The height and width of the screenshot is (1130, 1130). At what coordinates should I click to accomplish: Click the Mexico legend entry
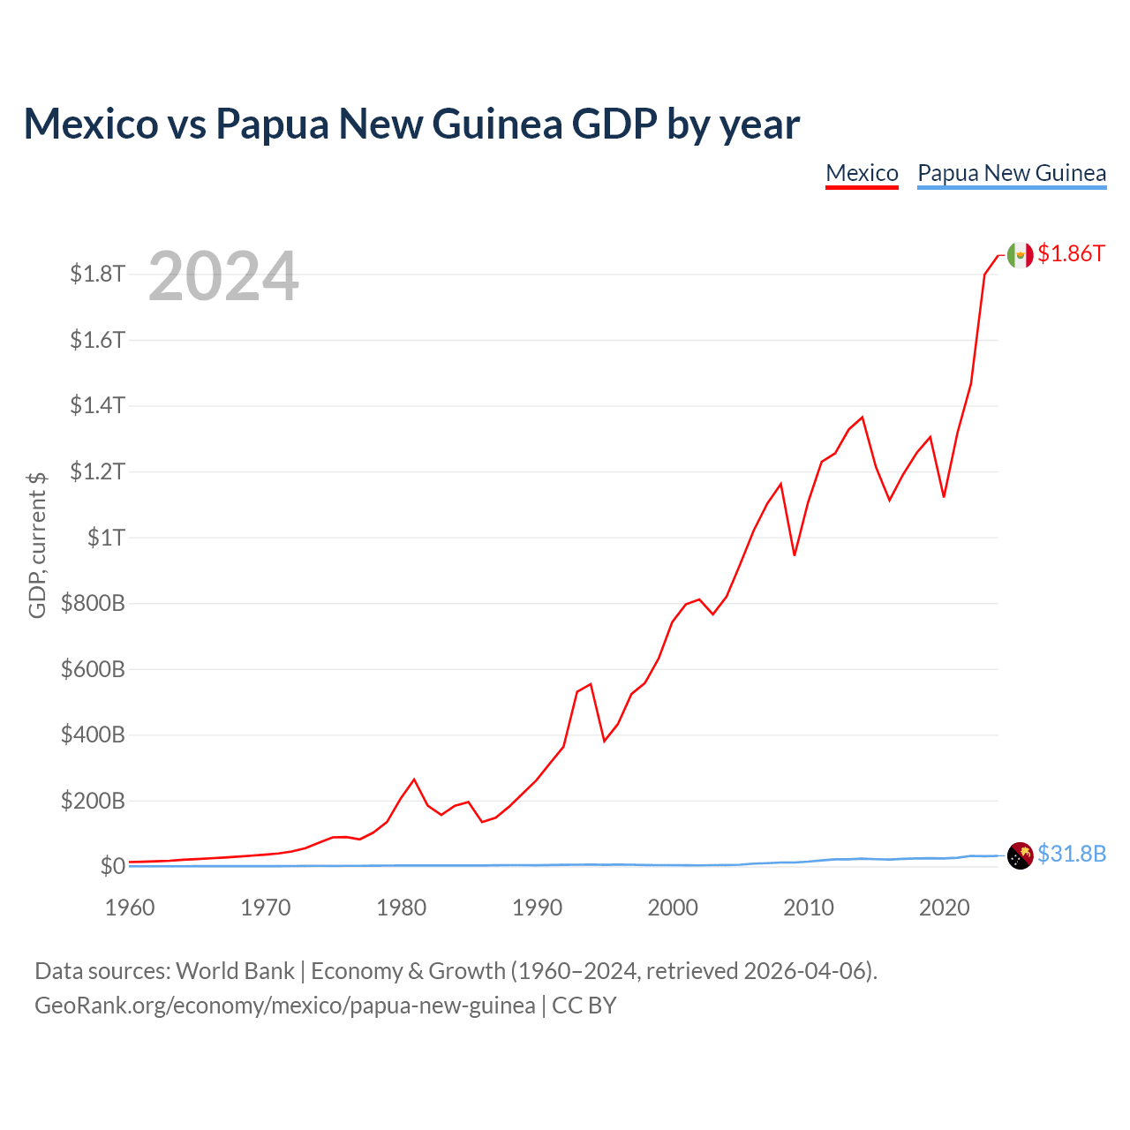[862, 174]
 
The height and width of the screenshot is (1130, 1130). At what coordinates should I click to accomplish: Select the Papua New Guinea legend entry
[1012, 174]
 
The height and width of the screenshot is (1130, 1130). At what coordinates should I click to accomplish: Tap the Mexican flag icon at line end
[1020, 255]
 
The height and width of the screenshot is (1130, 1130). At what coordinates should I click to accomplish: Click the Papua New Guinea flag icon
[1020, 855]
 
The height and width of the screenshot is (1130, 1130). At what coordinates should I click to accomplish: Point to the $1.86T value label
[1071, 254]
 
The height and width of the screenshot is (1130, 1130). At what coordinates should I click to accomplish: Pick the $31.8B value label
[1072, 854]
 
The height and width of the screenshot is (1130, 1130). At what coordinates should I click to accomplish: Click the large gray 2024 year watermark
[223, 275]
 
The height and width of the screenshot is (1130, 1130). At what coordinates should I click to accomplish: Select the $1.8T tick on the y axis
[97, 274]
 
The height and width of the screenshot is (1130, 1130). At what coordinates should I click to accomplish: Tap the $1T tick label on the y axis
[106, 538]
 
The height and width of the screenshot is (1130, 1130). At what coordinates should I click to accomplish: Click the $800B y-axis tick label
[93, 604]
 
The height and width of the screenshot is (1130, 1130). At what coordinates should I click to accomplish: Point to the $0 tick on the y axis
[113, 866]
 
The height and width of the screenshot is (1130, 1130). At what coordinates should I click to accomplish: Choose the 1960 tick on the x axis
[130, 908]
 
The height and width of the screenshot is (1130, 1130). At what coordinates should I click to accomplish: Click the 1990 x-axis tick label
[537, 908]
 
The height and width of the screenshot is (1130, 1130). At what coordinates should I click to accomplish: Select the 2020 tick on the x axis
[944, 908]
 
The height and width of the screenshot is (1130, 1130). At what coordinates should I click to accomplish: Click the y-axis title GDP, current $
[37, 546]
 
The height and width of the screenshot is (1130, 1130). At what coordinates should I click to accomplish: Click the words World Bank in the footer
[235, 971]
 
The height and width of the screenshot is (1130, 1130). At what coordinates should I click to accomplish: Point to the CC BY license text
[584, 1006]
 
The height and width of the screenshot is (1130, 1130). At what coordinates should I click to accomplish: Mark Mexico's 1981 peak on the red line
[414, 780]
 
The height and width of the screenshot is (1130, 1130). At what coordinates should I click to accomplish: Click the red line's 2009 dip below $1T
[794, 554]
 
